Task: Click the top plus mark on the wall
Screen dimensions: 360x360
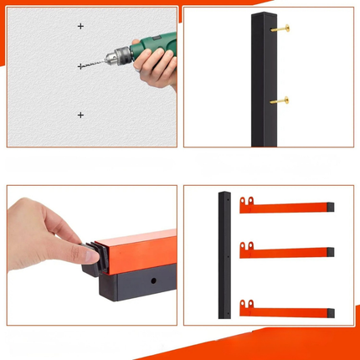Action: point(80,27)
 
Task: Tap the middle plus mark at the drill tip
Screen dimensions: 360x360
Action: point(80,65)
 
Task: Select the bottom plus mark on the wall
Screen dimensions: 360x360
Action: point(80,115)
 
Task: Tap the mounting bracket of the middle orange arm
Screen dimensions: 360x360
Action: point(246,248)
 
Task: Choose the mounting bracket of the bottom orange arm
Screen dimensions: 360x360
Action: point(246,304)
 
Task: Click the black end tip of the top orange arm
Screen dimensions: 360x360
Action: point(332,206)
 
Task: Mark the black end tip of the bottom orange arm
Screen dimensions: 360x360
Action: point(332,311)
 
